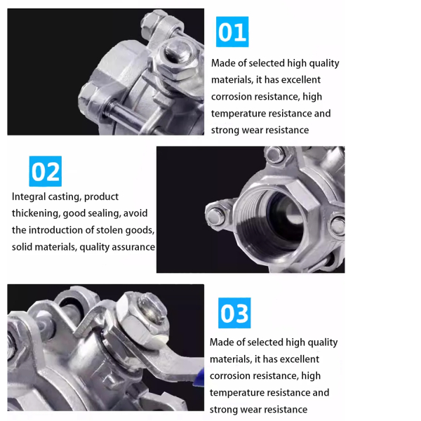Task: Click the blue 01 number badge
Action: (x=232, y=32)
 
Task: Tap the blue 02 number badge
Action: (x=46, y=171)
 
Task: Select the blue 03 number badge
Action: (x=234, y=313)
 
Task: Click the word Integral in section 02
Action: (x=29, y=197)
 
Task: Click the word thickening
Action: (x=36, y=214)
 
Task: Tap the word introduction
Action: (x=55, y=230)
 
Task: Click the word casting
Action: (x=65, y=197)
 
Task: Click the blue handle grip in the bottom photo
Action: (x=199, y=377)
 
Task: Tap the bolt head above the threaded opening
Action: (x=274, y=154)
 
